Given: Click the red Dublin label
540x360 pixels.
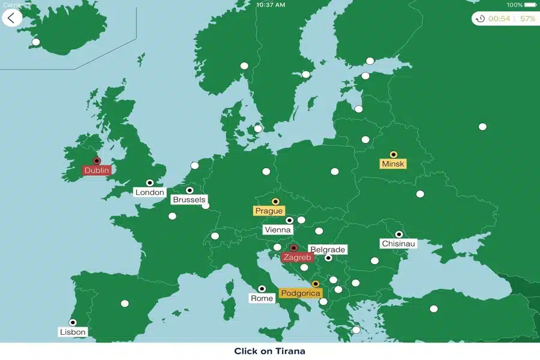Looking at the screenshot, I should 97,170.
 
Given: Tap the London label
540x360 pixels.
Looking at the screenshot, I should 149,193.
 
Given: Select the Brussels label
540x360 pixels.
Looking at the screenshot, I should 188,200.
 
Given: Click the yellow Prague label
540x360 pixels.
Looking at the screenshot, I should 268,211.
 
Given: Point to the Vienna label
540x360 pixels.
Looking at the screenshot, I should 277,230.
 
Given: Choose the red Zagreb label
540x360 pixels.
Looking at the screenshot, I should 298,257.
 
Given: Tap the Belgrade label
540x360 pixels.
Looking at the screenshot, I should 328,250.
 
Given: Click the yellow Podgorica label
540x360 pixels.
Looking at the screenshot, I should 301,293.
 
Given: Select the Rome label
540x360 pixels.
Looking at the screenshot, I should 262,298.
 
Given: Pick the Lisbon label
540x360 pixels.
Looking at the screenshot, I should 73,332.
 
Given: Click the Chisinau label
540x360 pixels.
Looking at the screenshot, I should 398,244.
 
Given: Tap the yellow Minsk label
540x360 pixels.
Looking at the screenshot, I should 393,164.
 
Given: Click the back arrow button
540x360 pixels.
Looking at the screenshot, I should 12,18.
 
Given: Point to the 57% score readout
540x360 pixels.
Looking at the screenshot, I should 527,19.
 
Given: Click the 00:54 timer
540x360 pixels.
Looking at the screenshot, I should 499,19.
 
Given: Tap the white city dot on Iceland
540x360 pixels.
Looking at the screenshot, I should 36,42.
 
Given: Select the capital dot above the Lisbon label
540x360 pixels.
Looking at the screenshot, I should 73,322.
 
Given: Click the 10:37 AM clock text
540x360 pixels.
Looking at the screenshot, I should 270,4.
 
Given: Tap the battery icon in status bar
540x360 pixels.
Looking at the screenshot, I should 530,4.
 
